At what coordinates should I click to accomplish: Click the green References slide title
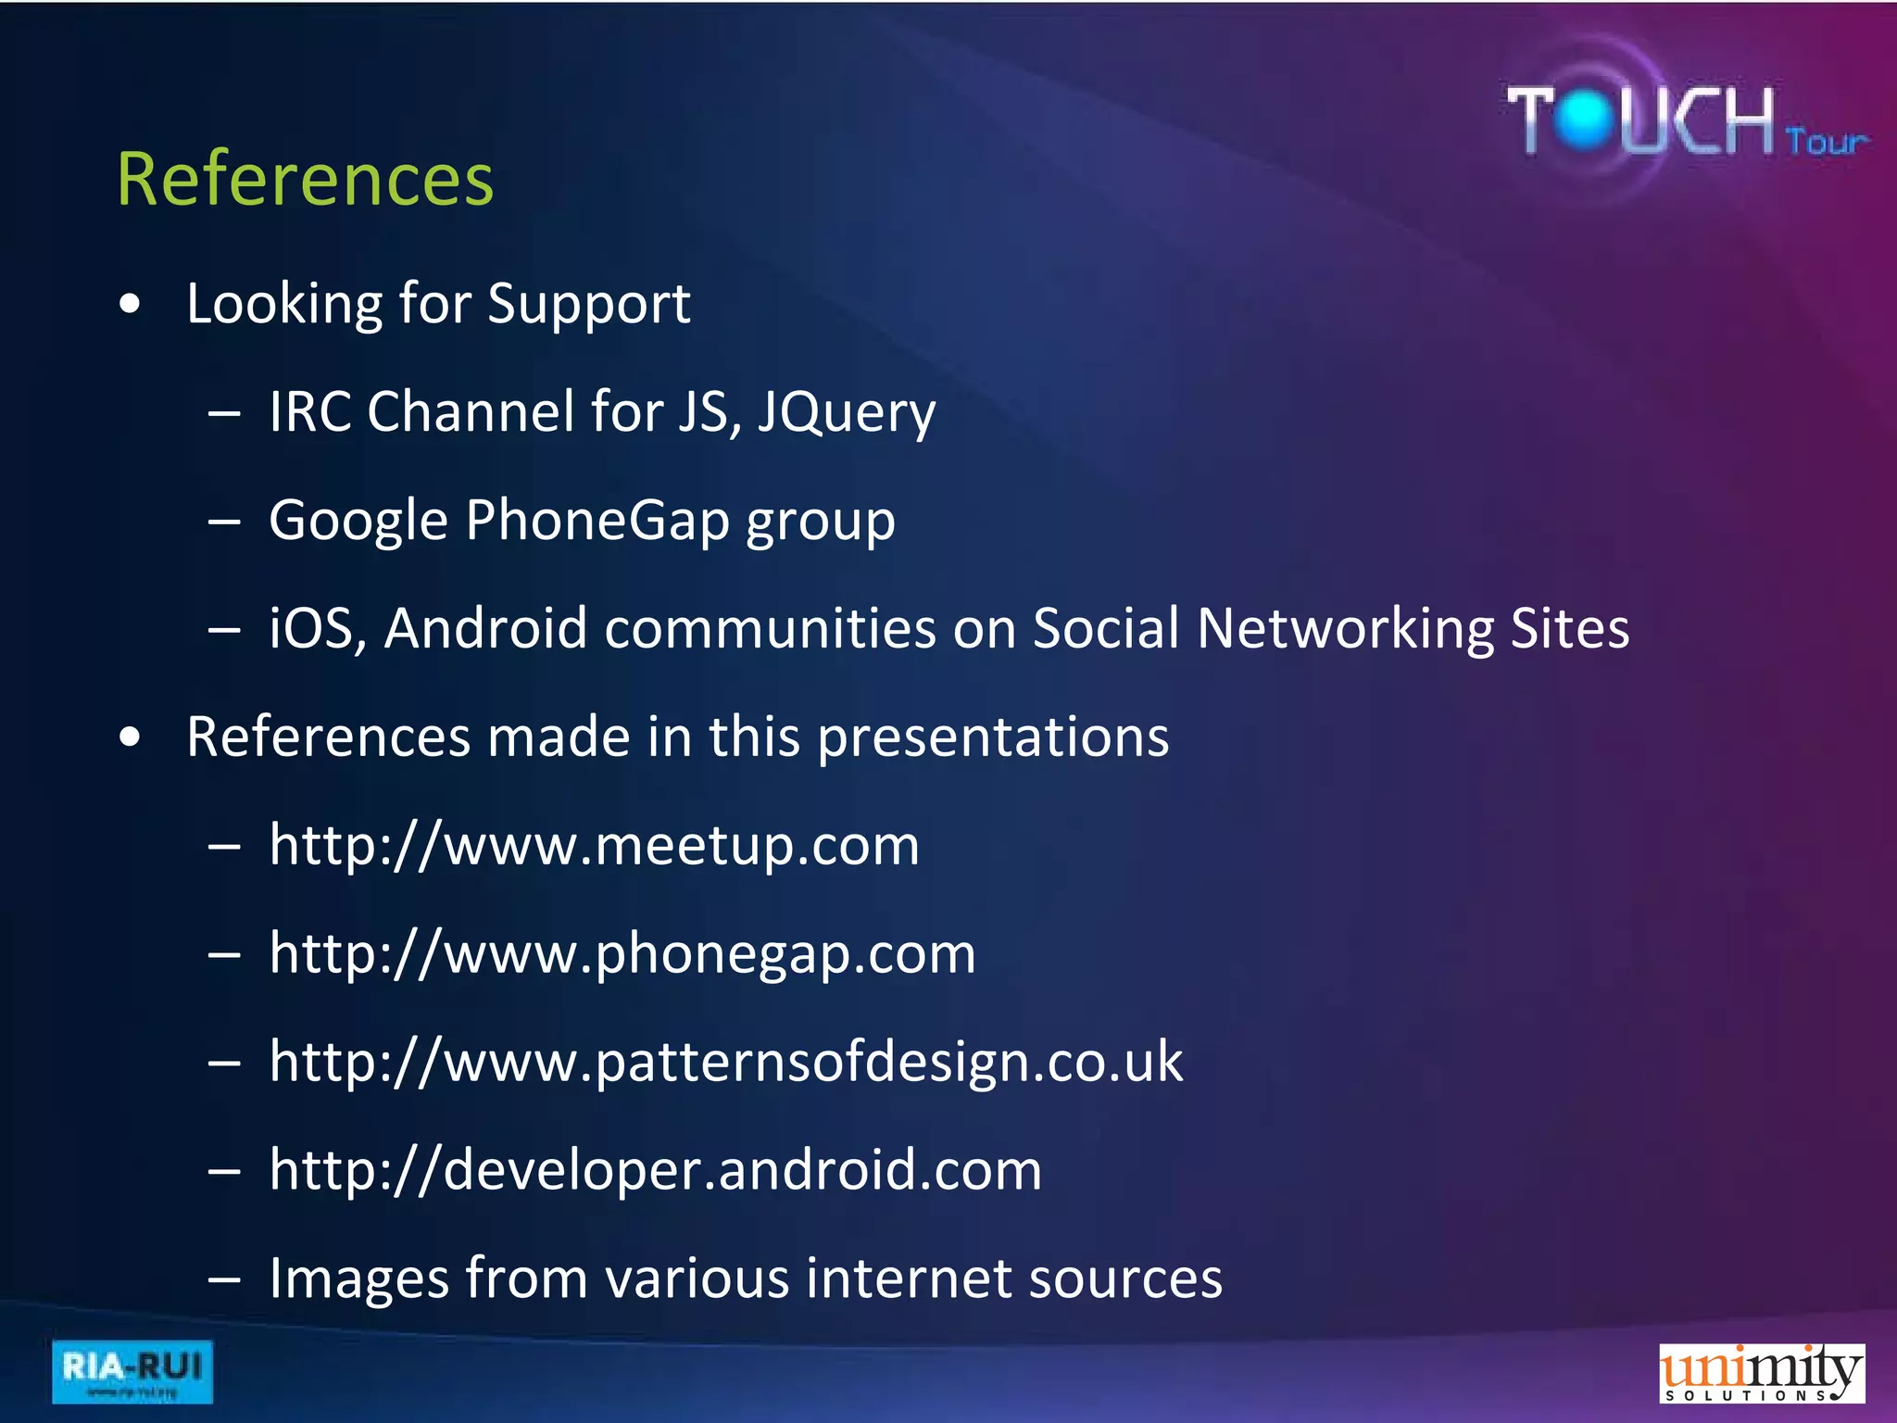[305, 179]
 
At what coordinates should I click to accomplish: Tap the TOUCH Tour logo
[1686, 120]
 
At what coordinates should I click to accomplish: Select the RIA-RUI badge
[132, 1371]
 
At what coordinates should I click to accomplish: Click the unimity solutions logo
[1761, 1373]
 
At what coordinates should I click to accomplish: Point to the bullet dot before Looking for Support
[131, 304]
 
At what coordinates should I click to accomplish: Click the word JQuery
[846, 412]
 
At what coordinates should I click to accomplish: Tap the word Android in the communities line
[485, 628]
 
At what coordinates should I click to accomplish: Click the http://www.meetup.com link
[594, 845]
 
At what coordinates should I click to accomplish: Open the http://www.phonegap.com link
[622, 953]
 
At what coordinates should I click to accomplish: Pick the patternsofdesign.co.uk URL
[725, 1062]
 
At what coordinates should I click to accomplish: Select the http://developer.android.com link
[655, 1170]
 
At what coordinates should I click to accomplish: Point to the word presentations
[993, 737]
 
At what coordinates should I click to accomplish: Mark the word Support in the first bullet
[588, 304]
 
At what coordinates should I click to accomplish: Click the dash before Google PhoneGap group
[225, 522]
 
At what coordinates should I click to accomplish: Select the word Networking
[1345, 628]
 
